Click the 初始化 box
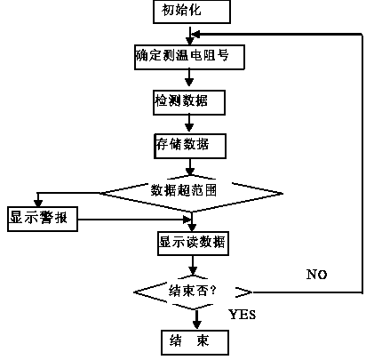(192, 12)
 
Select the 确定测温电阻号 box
(189, 57)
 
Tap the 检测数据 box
(189, 102)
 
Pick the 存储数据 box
(190, 146)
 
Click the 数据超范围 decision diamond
(191, 193)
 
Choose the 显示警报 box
(43, 219)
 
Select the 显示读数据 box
(193, 244)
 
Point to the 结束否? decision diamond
(193, 292)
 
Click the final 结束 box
(195, 342)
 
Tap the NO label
(316, 275)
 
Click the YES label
(243, 315)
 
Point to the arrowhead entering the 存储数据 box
(189, 127)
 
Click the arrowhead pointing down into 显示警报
(38, 203)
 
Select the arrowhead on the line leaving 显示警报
(187, 220)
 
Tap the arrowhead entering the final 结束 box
(196, 324)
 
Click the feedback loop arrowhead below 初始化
(196, 35)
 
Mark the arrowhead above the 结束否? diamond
(193, 270)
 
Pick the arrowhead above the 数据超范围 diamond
(190, 172)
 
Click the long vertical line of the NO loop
(362, 164)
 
